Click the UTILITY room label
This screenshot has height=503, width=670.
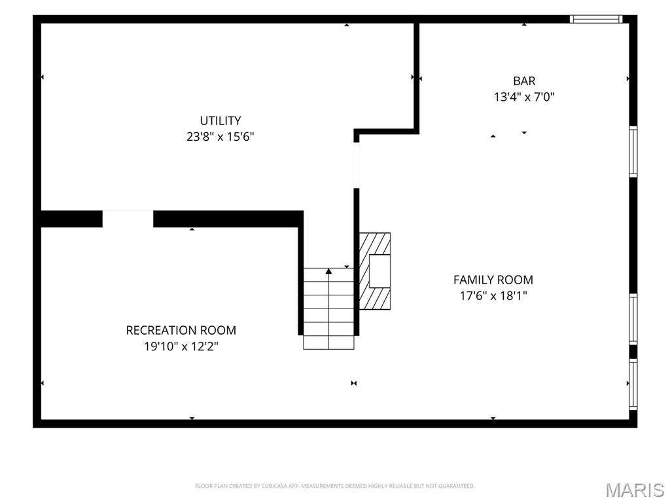(x=220, y=121)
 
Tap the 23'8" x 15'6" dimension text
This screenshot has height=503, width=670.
(x=220, y=137)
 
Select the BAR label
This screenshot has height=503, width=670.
(x=524, y=81)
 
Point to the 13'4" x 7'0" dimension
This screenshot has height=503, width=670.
(x=524, y=97)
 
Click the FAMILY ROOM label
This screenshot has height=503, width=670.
(x=493, y=280)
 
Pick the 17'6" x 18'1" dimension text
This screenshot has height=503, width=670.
(x=493, y=295)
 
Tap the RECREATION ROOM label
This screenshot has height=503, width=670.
(x=181, y=330)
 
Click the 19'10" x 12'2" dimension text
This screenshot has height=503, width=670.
(x=181, y=346)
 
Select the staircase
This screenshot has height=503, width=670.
(x=328, y=308)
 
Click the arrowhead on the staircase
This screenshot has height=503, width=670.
(x=328, y=271)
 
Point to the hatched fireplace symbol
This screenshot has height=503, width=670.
(x=375, y=271)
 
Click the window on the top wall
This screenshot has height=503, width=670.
(x=596, y=19)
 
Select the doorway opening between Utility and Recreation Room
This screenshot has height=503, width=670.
(x=128, y=219)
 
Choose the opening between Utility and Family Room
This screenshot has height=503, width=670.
(x=357, y=165)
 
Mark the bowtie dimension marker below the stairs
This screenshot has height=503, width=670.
(x=354, y=383)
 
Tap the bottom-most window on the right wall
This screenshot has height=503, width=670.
(x=633, y=384)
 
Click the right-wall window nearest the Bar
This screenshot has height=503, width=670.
(x=633, y=151)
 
